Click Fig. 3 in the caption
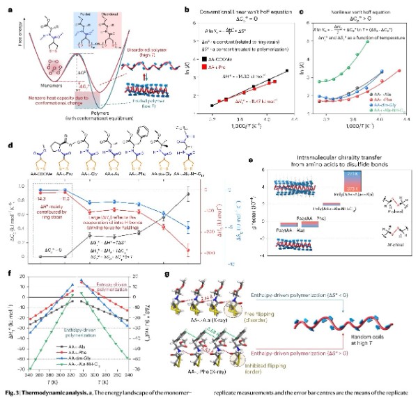15,392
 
